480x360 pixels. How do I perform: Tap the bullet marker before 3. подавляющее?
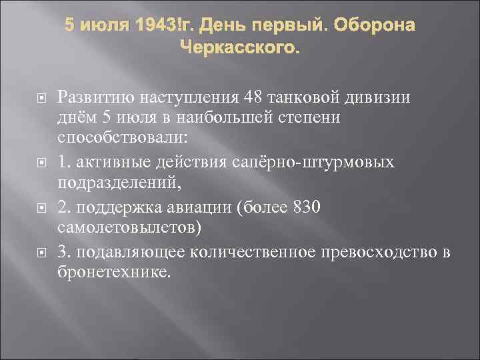click(x=41, y=252)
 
